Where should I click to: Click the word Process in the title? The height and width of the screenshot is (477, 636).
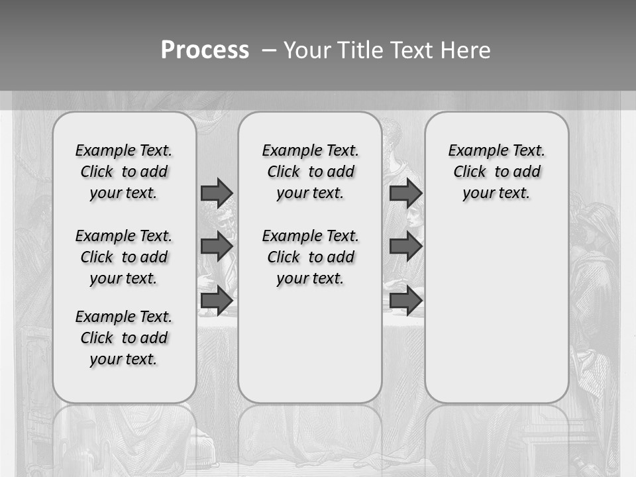(205, 50)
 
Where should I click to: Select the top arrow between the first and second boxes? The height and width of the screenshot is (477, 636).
(216, 193)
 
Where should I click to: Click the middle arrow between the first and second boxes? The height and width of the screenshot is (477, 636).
(216, 246)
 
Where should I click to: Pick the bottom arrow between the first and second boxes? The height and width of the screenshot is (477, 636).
(216, 301)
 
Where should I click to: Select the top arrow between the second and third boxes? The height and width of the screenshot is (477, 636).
(405, 193)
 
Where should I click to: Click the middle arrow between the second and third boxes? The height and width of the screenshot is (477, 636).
(405, 246)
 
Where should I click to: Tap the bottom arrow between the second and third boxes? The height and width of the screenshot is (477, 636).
(405, 301)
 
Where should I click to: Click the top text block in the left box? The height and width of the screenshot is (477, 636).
(124, 172)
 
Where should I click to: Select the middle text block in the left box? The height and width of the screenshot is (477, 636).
(124, 257)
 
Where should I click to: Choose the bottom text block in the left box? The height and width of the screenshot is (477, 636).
(124, 338)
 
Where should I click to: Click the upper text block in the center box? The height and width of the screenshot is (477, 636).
(310, 172)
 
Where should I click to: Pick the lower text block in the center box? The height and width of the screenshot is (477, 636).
(310, 257)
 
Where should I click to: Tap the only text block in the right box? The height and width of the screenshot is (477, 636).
(497, 172)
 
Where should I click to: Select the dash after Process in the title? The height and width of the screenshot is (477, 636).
(268, 50)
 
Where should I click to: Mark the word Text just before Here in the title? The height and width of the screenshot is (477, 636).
(413, 50)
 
